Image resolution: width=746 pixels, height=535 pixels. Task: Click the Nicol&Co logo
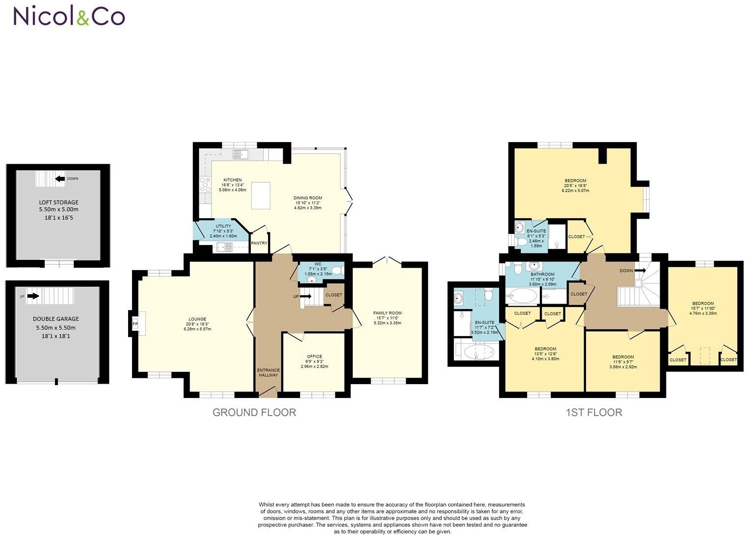point(69,16)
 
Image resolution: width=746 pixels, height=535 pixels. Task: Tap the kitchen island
point(261,195)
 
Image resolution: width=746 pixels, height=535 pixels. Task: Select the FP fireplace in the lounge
point(135,324)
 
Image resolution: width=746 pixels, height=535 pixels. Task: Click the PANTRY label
point(259,243)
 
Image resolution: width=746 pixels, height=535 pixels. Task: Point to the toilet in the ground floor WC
point(337,270)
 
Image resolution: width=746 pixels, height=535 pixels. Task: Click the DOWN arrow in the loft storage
point(60,179)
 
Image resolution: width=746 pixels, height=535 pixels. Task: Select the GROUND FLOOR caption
point(254,412)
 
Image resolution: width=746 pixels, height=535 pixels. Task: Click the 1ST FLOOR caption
point(593,412)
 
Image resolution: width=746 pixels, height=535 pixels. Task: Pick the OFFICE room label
point(314,357)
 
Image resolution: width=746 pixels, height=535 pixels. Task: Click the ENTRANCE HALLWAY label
point(268,372)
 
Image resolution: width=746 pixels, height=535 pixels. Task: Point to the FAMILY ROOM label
point(387,313)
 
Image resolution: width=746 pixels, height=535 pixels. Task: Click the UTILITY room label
point(223,226)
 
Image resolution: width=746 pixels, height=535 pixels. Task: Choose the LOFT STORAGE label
point(58,202)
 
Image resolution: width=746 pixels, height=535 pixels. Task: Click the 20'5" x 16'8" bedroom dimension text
point(575,186)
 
